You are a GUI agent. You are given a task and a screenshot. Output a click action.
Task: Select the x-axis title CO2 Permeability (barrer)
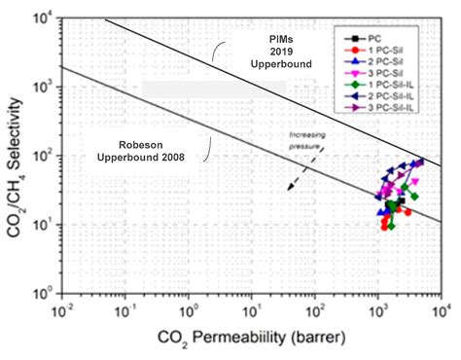238,340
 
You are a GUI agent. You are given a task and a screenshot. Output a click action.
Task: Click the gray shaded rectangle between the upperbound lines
213,89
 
